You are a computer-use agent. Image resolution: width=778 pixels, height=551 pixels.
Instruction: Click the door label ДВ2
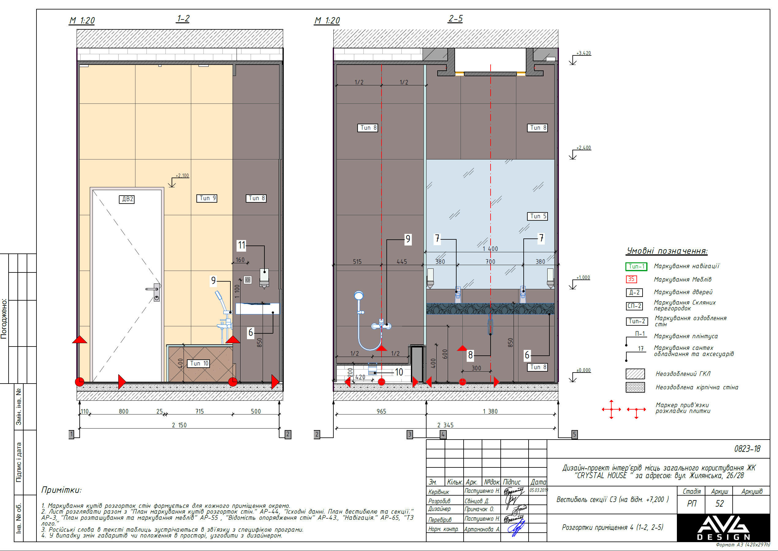click(x=127, y=199)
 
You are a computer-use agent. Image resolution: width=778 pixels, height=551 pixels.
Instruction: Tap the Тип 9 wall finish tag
click(x=207, y=198)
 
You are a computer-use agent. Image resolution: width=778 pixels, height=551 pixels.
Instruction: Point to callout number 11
click(x=241, y=245)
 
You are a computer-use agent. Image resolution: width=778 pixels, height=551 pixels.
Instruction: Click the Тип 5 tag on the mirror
click(x=537, y=216)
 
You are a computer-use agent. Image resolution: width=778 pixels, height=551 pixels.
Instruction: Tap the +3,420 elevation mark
click(x=583, y=53)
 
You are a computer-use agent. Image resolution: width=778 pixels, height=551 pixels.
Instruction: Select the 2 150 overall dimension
click(x=179, y=425)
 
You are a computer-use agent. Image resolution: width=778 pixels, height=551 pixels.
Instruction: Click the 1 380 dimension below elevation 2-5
click(x=490, y=411)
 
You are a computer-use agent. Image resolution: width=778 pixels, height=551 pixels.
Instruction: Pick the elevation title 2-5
click(x=455, y=18)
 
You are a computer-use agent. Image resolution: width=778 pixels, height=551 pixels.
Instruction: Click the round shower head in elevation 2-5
click(x=359, y=295)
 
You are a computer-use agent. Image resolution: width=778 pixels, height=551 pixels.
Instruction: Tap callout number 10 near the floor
click(x=399, y=372)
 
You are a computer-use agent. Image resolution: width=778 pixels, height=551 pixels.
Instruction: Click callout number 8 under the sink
click(x=470, y=355)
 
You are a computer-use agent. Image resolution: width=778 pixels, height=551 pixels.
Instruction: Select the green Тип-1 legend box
click(x=636, y=267)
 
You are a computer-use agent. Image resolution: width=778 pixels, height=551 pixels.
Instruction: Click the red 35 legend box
click(x=631, y=279)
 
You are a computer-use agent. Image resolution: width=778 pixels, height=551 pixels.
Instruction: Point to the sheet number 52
click(x=719, y=504)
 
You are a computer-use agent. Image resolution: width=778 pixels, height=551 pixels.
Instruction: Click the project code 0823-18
click(x=747, y=449)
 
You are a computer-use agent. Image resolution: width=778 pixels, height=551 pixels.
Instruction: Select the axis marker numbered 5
click(x=574, y=434)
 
